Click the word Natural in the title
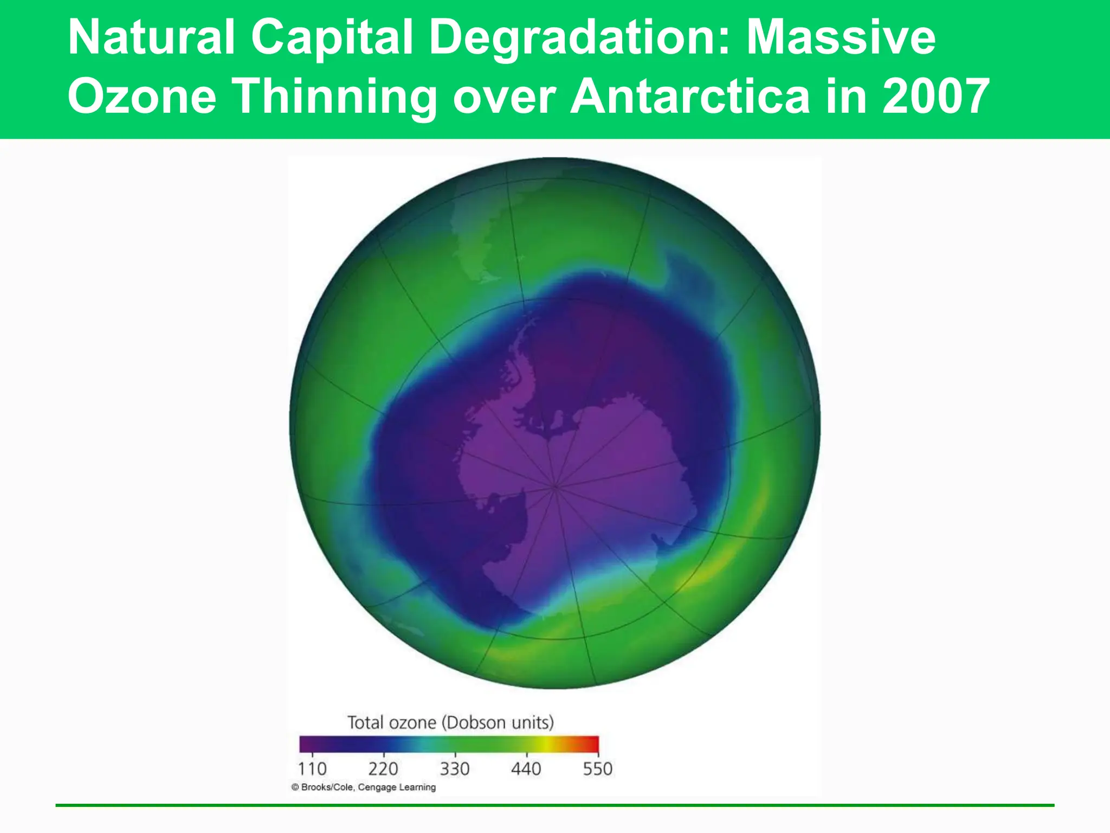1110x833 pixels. [x=151, y=38]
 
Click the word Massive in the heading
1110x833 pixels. [x=841, y=38]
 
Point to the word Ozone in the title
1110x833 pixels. [x=142, y=97]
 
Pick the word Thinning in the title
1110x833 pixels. [x=335, y=97]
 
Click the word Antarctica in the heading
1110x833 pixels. [x=690, y=97]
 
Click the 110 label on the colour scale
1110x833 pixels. [x=312, y=768]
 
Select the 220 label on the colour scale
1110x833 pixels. [x=383, y=768]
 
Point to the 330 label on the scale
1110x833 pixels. [x=455, y=768]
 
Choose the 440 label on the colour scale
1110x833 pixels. [x=526, y=768]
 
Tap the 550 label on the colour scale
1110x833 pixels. [x=597, y=768]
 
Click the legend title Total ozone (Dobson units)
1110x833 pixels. [x=450, y=722]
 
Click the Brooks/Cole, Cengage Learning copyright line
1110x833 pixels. [x=364, y=787]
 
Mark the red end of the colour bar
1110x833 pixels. [x=592, y=744]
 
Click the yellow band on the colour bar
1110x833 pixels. [x=547, y=744]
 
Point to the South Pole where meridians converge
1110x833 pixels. [x=555, y=486]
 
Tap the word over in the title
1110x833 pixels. [x=504, y=97]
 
